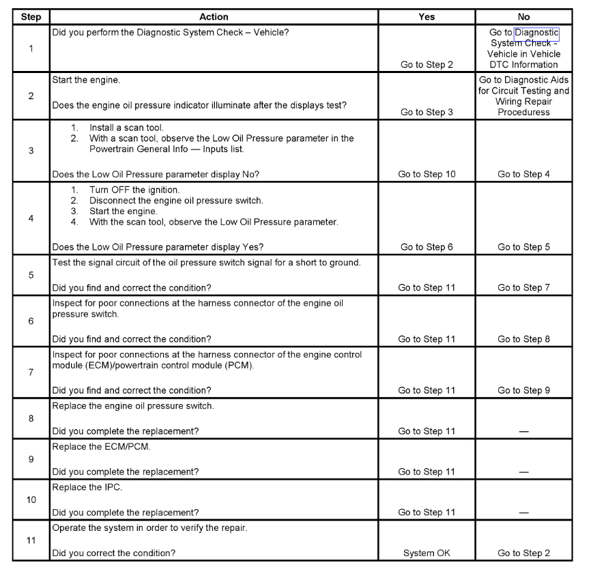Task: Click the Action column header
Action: [x=214, y=17]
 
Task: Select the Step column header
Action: [x=31, y=17]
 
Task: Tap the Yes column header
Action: [x=427, y=17]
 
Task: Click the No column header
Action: [x=523, y=17]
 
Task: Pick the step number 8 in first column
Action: [x=31, y=418]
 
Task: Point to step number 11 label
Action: [x=31, y=540]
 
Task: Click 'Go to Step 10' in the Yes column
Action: [x=427, y=175]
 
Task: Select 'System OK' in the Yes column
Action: [x=427, y=553]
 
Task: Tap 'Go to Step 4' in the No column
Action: [x=523, y=175]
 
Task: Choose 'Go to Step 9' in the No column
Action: [x=523, y=391]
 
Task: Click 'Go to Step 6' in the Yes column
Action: [x=427, y=248]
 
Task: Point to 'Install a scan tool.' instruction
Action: [x=128, y=128]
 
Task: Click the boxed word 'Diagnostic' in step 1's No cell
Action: [x=536, y=33]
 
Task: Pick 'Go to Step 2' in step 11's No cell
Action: [x=523, y=553]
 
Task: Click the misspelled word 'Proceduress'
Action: [x=523, y=113]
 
